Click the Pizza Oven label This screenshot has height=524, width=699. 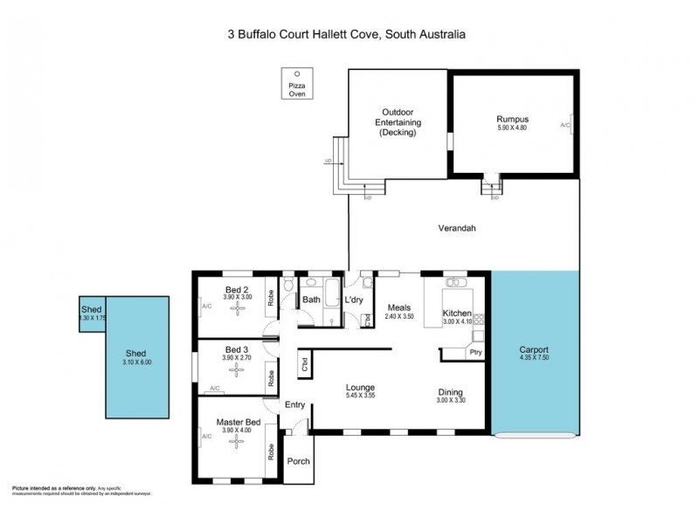click(x=298, y=89)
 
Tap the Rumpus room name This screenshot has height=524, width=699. click(x=513, y=119)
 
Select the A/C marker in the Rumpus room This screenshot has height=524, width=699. click(x=565, y=126)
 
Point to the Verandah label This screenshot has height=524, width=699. click(x=456, y=228)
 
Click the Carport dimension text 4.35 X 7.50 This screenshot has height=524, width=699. click(x=533, y=358)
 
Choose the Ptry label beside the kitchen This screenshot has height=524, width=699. click(x=475, y=353)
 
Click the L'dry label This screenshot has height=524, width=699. click(x=354, y=300)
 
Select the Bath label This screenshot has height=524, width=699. click(x=312, y=300)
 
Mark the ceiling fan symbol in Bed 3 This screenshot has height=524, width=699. click(x=235, y=370)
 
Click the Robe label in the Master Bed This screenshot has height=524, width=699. click(x=272, y=452)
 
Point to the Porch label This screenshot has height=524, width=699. click(x=298, y=462)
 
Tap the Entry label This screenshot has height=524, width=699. click(x=295, y=404)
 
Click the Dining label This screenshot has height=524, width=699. click(x=450, y=392)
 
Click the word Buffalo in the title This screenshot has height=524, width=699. click(x=271, y=35)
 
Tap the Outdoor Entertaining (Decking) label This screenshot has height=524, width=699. click(x=398, y=122)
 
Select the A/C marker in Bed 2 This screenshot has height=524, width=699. click(x=207, y=307)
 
